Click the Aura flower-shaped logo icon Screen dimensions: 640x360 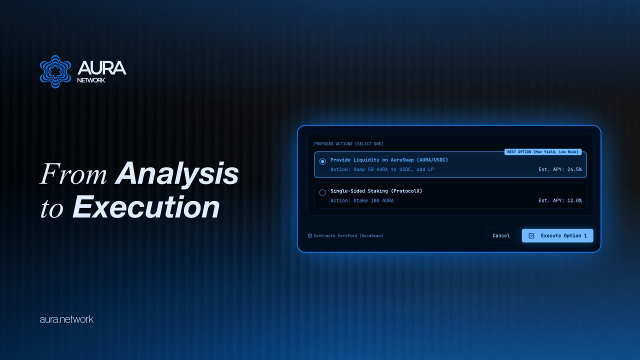click(x=55, y=71)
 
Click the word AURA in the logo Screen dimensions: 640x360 click(x=101, y=68)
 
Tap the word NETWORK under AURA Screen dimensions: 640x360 click(x=91, y=80)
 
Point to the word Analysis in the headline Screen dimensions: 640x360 click(x=176, y=173)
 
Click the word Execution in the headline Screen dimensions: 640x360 click(x=146, y=207)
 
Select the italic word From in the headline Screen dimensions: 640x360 click(x=73, y=173)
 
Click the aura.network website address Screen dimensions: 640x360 click(x=66, y=319)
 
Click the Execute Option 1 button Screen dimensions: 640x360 click(x=557, y=235)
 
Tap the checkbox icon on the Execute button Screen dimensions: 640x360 click(x=531, y=235)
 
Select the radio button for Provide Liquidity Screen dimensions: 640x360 click(x=322, y=161)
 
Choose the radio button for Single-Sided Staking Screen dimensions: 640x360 click(x=322, y=192)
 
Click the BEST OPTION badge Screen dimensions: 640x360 click(x=543, y=152)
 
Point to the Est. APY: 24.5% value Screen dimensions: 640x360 click(x=560, y=169)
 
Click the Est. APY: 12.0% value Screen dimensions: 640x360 click(x=560, y=200)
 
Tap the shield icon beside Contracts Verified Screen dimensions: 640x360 click(x=309, y=235)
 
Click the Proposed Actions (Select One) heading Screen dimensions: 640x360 click(x=348, y=143)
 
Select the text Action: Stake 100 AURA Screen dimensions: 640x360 click(x=362, y=200)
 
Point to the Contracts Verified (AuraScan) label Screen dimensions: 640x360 click(x=348, y=235)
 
